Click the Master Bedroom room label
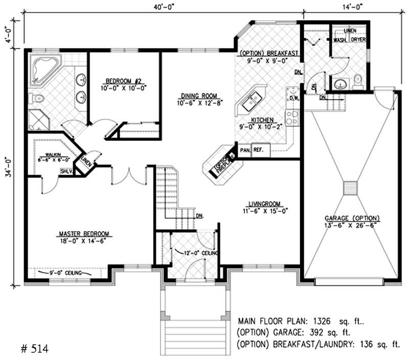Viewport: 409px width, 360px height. (x=85, y=234)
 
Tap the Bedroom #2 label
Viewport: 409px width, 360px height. (x=125, y=81)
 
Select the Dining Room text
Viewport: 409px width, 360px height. (x=199, y=95)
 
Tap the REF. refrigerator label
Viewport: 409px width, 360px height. (x=259, y=151)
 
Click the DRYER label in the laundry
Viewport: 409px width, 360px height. (x=358, y=40)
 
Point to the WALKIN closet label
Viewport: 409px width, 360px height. (x=53, y=154)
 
